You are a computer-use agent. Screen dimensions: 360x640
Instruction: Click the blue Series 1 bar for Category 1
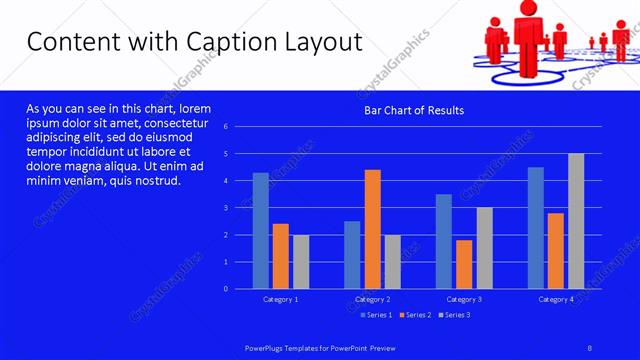[x=261, y=231]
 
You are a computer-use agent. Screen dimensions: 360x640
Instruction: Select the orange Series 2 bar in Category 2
[x=372, y=229]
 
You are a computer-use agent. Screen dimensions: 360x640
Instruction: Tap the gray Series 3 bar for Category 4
[x=576, y=221]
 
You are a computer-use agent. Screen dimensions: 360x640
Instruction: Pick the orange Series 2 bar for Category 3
[x=464, y=264]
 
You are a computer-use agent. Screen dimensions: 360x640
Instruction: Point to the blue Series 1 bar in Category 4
[x=536, y=228]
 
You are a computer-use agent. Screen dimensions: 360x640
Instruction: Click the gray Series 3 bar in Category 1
[x=301, y=262]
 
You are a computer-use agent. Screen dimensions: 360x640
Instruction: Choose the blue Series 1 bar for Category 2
[x=352, y=255]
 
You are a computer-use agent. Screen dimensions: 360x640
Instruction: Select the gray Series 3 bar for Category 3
[x=484, y=248]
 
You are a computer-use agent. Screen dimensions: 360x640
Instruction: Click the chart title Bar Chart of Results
[x=414, y=110]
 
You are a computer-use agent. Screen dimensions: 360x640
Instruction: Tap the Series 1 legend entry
[x=376, y=315]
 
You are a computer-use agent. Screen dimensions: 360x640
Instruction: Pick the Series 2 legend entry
[x=414, y=315]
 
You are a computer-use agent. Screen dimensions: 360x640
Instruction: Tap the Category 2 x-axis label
[x=372, y=299]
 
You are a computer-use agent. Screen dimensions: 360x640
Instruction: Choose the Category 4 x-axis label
[x=556, y=299]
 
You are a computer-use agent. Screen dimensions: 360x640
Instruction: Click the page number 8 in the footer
[x=589, y=347]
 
